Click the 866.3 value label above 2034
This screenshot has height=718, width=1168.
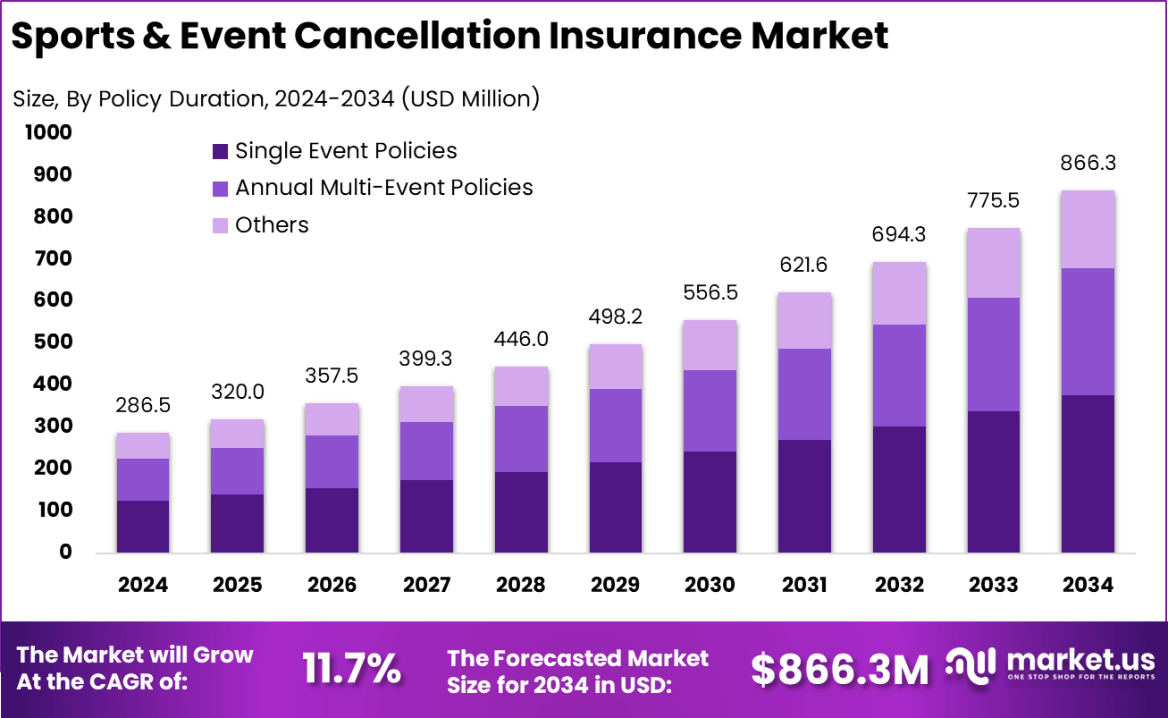tap(1088, 164)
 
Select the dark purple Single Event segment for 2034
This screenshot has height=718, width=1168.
tap(1088, 473)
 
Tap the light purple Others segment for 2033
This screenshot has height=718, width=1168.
tap(994, 263)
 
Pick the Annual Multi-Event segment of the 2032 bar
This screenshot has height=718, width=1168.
tap(899, 376)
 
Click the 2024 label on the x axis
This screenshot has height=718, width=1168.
tap(143, 585)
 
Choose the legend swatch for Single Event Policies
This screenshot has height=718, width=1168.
tap(220, 152)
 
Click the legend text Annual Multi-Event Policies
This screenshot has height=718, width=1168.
tap(383, 188)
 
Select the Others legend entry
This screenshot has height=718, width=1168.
tap(272, 225)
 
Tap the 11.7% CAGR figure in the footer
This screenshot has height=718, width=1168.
tap(351, 669)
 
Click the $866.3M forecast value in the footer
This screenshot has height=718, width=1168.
tap(839, 669)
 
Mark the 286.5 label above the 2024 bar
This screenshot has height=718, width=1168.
tap(143, 405)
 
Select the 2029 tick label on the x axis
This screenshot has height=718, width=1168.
tap(616, 585)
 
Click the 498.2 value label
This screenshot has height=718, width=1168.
tap(616, 317)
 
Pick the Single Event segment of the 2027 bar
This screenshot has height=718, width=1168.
tap(426, 516)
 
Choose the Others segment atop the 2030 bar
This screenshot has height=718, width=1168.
tap(710, 345)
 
